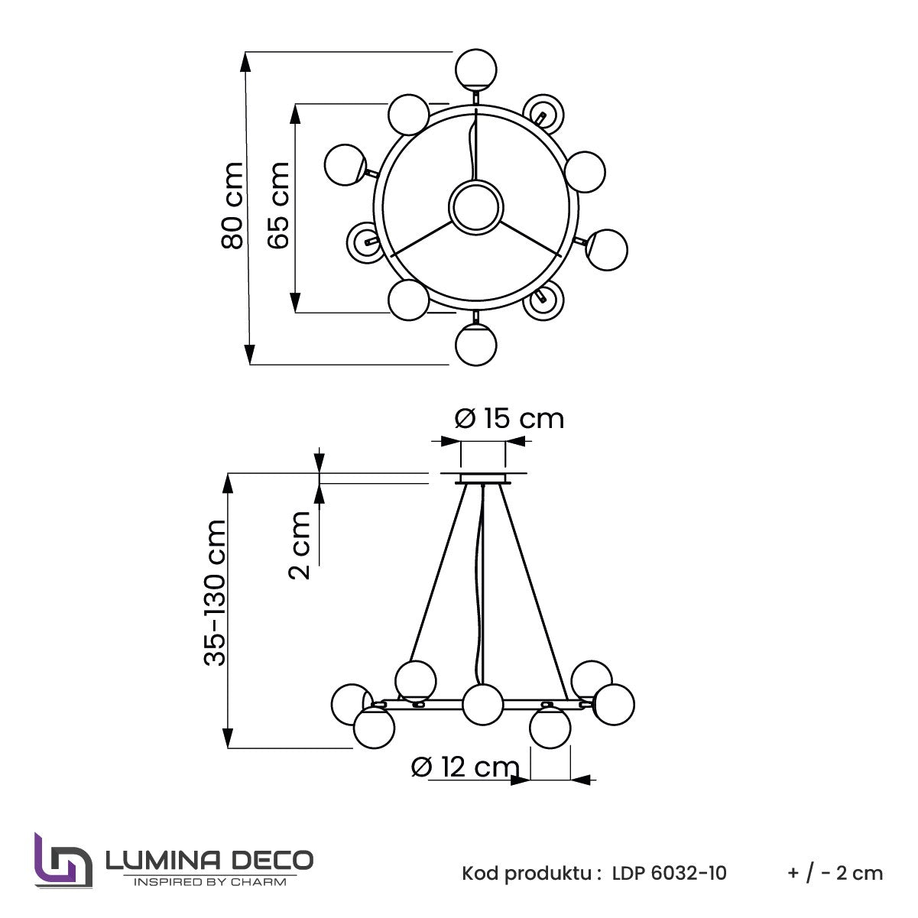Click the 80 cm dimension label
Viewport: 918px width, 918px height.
(x=232, y=206)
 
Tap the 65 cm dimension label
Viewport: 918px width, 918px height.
(x=278, y=206)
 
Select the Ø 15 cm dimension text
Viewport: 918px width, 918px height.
(x=509, y=419)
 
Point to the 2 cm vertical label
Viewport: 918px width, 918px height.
(x=299, y=545)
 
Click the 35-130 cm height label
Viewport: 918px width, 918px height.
(x=214, y=592)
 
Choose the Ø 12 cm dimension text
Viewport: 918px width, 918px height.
(x=465, y=767)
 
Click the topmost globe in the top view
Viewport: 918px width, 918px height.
(x=476, y=70)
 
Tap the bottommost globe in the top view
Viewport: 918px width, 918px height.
(x=476, y=345)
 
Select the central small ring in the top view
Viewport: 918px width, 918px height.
(x=476, y=206)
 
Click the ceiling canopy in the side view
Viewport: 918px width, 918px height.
(x=483, y=478)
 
